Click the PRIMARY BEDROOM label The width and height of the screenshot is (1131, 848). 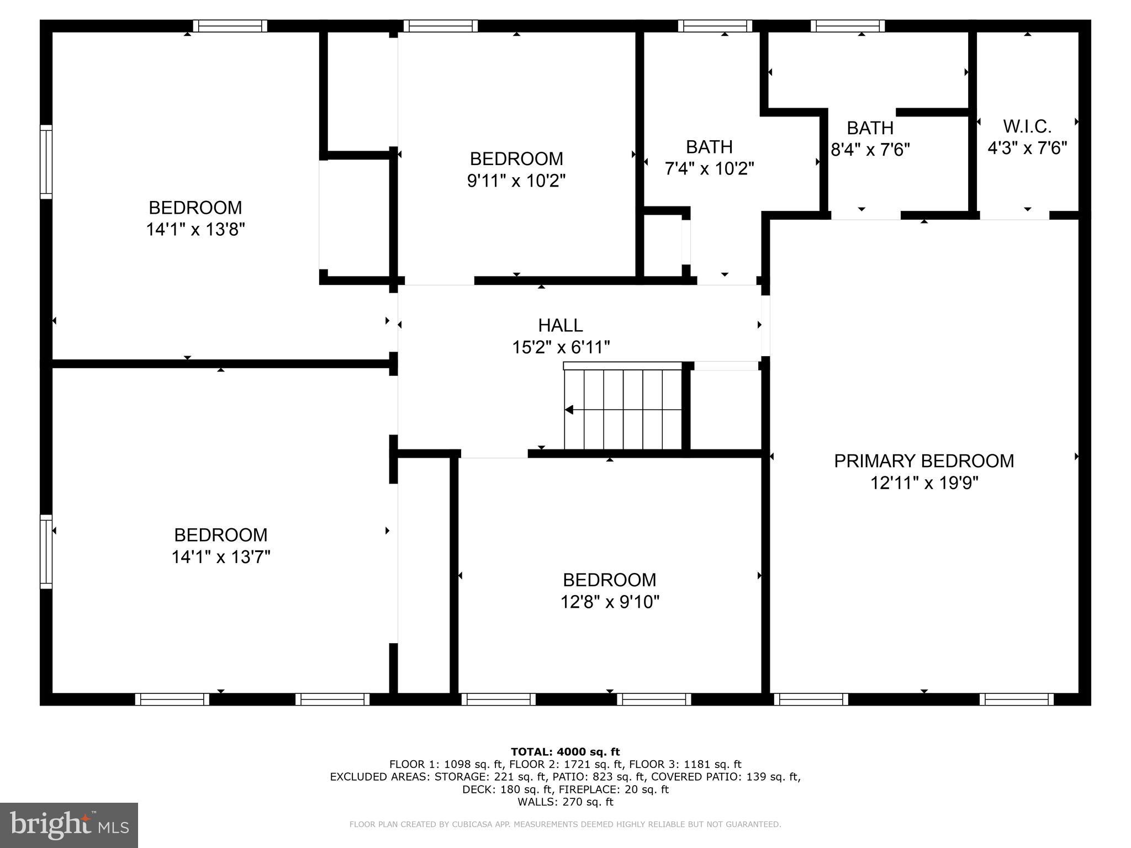click(924, 461)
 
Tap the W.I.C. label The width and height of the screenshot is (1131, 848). click(1027, 126)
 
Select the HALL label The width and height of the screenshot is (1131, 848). click(561, 325)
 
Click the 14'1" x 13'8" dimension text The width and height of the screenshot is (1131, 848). click(195, 230)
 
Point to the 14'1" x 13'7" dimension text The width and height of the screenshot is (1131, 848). click(221, 557)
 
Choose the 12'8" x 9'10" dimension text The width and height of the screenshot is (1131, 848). click(610, 602)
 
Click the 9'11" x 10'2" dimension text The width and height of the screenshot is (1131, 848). click(516, 181)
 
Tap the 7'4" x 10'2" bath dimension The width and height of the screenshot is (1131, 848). click(709, 168)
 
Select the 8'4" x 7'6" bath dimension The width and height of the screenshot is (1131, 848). click(870, 150)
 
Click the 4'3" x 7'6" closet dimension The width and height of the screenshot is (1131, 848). click(1027, 148)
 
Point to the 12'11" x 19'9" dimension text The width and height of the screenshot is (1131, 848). click(924, 483)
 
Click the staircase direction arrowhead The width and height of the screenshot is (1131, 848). click(569, 410)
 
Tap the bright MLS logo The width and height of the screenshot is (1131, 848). click(69, 825)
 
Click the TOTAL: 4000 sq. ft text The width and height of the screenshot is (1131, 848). click(565, 752)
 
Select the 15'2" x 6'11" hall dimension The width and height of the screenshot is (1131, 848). click(561, 347)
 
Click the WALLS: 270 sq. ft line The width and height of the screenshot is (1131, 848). click(565, 802)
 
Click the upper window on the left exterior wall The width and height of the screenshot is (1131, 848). click(46, 162)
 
